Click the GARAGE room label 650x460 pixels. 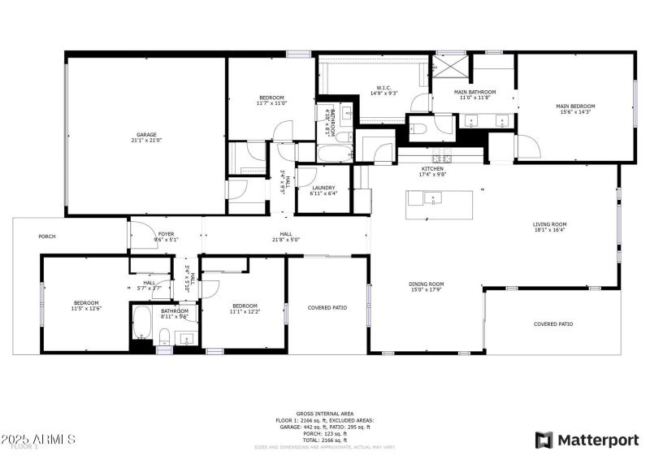coord(146,134)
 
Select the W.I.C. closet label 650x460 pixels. coord(384,88)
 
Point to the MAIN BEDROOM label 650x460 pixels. coord(575,106)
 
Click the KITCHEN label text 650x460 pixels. coord(431,168)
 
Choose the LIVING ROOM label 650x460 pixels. coord(549,224)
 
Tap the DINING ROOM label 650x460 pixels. coord(426,284)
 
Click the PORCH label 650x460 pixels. coord(47,237)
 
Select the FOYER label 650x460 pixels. coord(166,234)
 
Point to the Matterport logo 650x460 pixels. coord(587,440)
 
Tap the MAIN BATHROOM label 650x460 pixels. coord(472,92)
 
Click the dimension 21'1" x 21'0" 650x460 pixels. coord(146,140)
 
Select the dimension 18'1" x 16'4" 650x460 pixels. coord(549,230)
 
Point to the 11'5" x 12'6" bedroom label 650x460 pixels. coord(85,303)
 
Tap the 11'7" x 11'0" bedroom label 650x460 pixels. coord(271,98)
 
